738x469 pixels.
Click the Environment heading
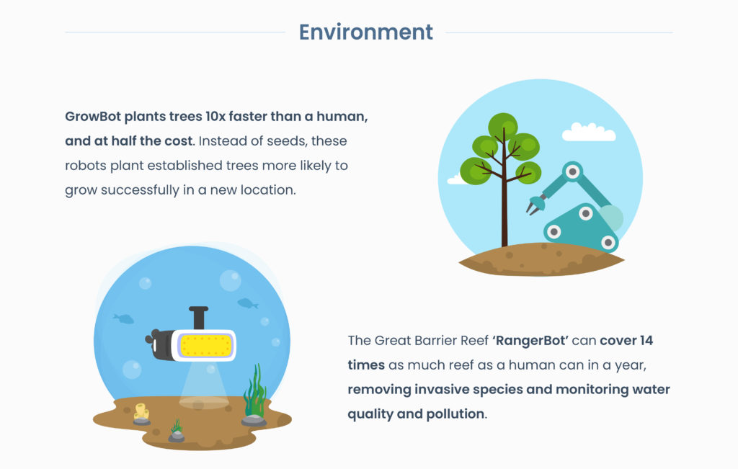click(365, 32)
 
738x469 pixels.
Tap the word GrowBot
click(93, 116)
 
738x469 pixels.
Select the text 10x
click(215, 116)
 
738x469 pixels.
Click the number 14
click(646, 340)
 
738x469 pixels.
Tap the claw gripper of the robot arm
click(535, 205)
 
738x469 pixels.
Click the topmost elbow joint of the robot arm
click(572, 171)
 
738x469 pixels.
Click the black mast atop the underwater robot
click(199, 318)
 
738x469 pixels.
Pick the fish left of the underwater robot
click(124, 319)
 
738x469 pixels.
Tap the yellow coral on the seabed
click(142, 411)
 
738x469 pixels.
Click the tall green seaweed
click(255, 391)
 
